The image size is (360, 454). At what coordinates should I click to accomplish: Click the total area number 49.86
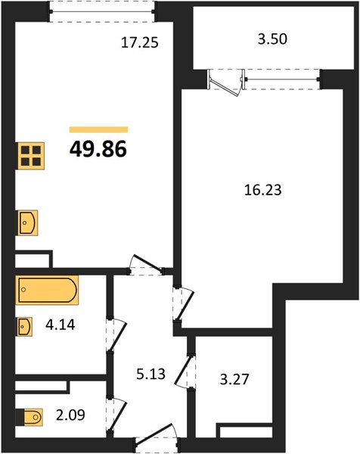(x=98, y=149)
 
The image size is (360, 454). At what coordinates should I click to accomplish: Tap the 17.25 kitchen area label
(x=140, y=43)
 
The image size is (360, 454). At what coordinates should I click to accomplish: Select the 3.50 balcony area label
(x=272, y=39)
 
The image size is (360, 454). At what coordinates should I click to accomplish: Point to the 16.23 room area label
(x=262, y=190)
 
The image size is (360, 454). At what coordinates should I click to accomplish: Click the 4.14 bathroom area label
(x=61, y=325)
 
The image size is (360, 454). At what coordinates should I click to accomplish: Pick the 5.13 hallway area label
(x=151, y=374)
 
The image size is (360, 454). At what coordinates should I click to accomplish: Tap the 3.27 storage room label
(x=234, y=379)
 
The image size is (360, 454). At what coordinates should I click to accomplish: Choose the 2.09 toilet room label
(x=70, y=415)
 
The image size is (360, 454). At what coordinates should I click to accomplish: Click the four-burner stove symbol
(x=31, y=156)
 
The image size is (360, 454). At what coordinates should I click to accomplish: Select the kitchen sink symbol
(x=28, y=222)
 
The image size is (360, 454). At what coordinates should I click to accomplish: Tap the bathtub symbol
(x=47, y=290)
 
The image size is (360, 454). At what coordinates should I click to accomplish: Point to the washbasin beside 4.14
(x=25, y=327)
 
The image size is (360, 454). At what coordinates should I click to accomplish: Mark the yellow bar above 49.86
(x=98, y=129)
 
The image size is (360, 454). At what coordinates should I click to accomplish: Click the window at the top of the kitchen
(x=102, y=11)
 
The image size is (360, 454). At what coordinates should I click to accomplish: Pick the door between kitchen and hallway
(x=146, y=265)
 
